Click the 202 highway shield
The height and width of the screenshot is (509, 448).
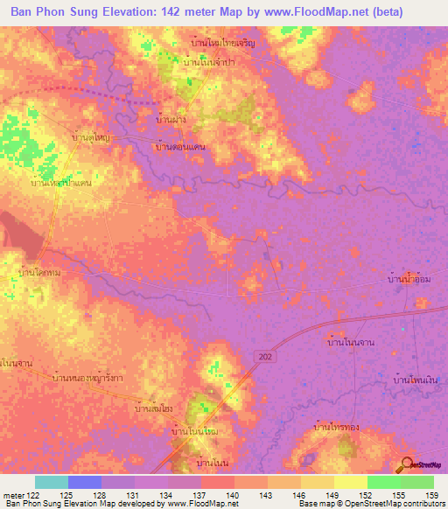coord(263,355)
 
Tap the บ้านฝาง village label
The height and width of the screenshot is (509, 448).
coord(170,119)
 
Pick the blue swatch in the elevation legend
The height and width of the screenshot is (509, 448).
coord(84,482)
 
